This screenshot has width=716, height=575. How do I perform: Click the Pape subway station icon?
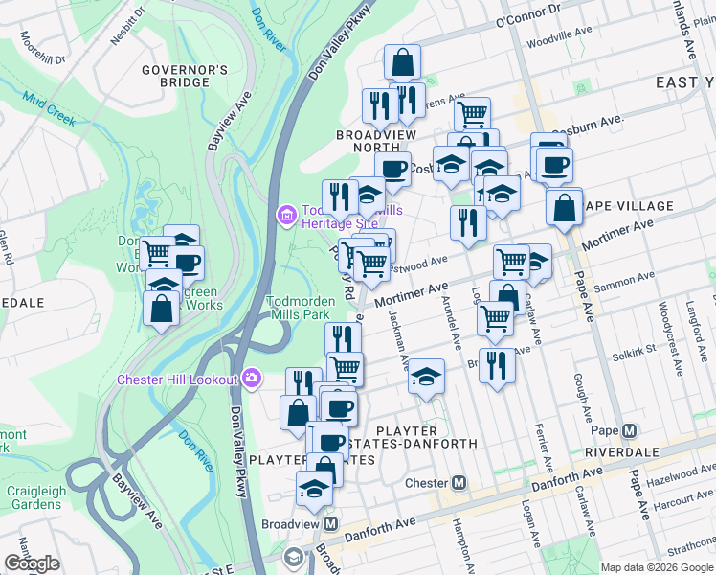point(629,430)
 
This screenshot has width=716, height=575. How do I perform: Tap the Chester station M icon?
point(459,482)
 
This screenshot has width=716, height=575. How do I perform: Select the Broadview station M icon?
point(331,524)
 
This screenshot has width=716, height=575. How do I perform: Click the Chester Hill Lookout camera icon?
point(252,379)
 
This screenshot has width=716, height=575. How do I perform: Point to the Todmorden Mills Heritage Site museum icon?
point(284,213)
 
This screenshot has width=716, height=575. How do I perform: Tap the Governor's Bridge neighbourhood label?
point(185,76)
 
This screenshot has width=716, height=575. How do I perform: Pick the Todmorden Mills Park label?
point(298,307)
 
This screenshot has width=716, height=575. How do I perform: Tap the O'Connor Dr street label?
point(527,14)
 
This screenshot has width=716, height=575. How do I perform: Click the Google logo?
point(32,563)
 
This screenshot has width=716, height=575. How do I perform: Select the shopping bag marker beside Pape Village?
point(565,205)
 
